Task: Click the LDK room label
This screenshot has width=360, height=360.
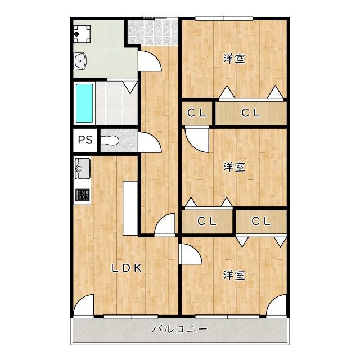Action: click(x=127, y=268)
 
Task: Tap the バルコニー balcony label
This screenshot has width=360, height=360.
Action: click(x=180, y=330)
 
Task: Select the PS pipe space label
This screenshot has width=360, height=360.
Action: click(x=85, y=139)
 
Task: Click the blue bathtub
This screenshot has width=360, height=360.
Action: click(x=84, y=103)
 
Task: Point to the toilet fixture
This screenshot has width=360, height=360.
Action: click(x=110, y=141)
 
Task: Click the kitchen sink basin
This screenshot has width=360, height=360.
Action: click(x=83, y=169)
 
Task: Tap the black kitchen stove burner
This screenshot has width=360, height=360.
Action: click(x=83, y=195)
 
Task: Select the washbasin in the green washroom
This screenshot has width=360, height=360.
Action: click(x=80, y=61)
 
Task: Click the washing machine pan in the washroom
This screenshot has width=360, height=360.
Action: click(x=82, y=34)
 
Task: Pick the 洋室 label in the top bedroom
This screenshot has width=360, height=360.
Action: click(x=234, y=58)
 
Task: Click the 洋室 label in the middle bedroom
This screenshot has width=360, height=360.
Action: click(x=234, y=167)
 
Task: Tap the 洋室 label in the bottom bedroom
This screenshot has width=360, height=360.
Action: click(x=234, y=275)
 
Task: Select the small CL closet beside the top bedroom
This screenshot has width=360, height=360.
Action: click(x=197, y=113)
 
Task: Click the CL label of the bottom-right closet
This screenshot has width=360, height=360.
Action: click(x=261, y=221)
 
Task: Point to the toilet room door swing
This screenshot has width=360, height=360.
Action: click(x=150, y=142)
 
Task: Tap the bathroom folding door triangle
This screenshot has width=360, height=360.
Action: click(x=130, y=87)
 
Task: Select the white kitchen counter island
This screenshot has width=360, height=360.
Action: click(x=130, y=208)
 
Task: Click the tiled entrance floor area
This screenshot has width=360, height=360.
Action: click(x=153, y=32)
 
